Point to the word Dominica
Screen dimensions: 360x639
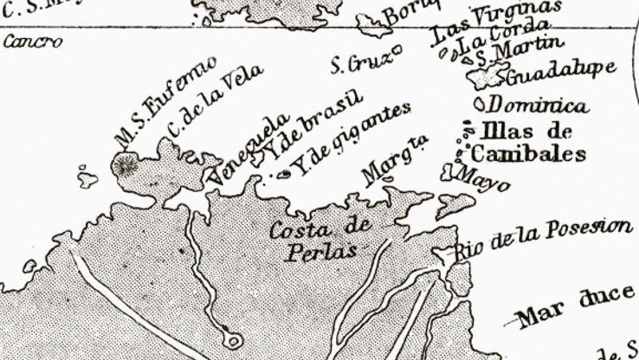(538, 106)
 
